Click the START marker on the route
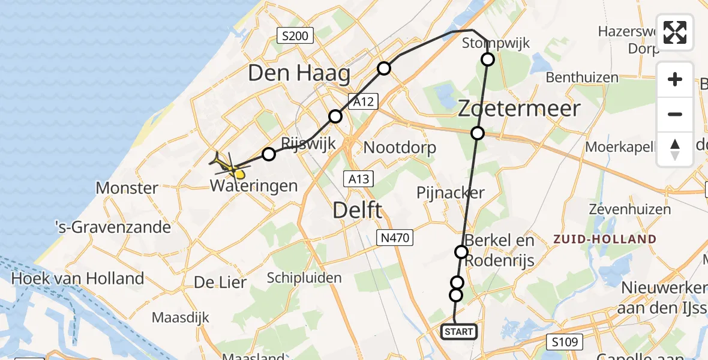tap(460, 331)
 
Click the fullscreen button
tap(675, 32)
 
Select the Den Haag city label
tap(299, 74)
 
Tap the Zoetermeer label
tap(520, 109)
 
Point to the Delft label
tap(357, 211)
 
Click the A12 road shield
tap(365, 102)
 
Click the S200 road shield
tap(295, 37)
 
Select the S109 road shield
tap(565, 343)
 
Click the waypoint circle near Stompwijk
tap(488, 59)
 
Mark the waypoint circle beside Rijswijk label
tap(269, 154)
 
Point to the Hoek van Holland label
tap(78, 278)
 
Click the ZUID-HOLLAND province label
tap(605, 239)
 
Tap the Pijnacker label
tap(450, 192)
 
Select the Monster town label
tap(127, 188)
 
